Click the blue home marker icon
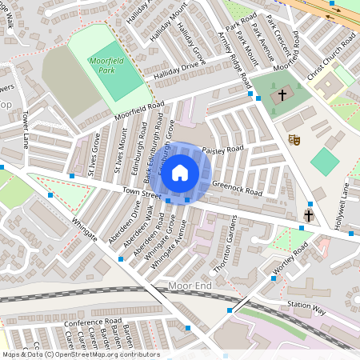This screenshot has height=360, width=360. point(180,172)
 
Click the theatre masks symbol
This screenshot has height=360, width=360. point(294,138)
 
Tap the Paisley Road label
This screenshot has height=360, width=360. point(222,150)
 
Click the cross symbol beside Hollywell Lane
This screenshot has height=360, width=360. point(309,216)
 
